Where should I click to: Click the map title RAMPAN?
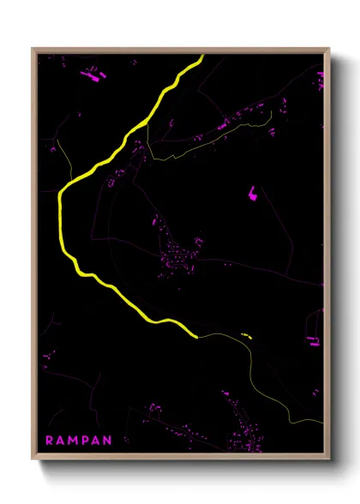79,441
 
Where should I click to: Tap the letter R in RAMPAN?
50,441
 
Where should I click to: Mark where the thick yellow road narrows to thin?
198,336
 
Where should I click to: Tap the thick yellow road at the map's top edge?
201,57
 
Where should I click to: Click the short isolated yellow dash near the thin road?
247,335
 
